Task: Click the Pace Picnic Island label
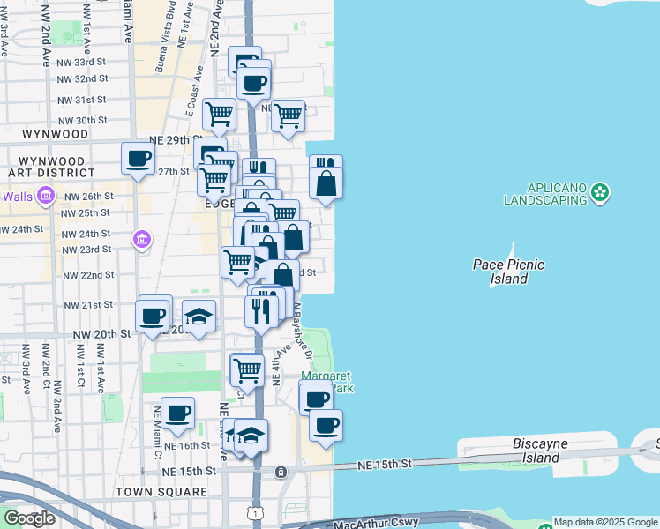click(x=508, y=271)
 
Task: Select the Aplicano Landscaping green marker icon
click(x=601, y=191)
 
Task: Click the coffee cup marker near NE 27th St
click(x=138, y=160)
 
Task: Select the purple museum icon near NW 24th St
click(x=141, y=239)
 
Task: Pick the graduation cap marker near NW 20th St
click(x=199, y=317)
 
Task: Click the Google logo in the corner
click(x=29, y=518)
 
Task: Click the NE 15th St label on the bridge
click(x=385, y=464)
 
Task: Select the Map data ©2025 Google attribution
click(x=605, y=522)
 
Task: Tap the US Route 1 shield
click(x=255, y=512)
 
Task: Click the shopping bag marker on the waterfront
click(x=326, y=183)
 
